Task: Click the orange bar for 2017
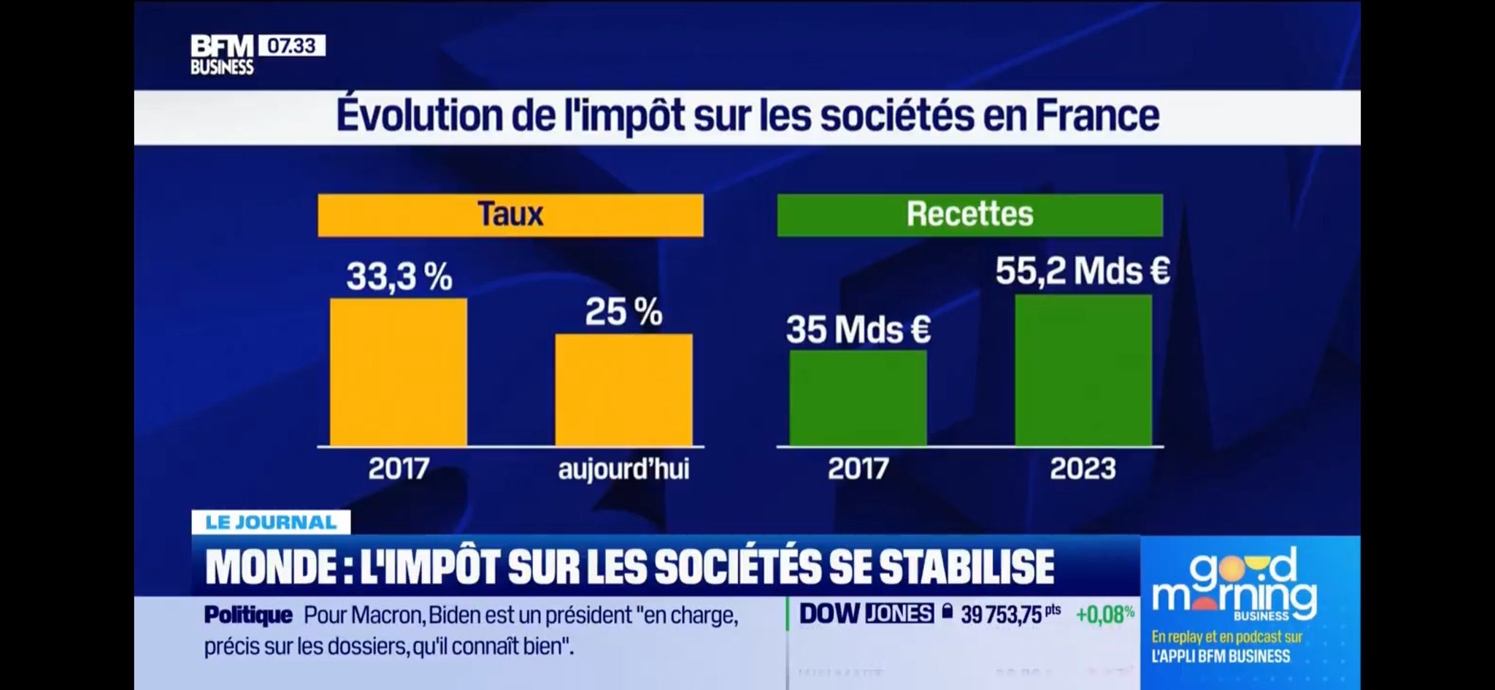(398, 372)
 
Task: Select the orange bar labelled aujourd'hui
(623, 390)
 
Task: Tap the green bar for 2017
(858, 398)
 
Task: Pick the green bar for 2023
(1083, 370)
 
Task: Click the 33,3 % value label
(399, 277)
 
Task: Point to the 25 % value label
(623, 312)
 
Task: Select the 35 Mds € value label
(858, 329)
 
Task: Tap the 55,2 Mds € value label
(1083, 271)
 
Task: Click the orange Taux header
(510, 215)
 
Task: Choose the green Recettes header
(969, 215)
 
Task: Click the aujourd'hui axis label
(623, 469)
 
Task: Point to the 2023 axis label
(1083, 469)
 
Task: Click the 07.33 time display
(291, 46)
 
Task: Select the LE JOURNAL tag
(271, 522)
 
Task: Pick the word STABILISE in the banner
(966, 567)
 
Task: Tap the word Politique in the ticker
(248, 616)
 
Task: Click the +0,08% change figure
(1104, 614)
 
